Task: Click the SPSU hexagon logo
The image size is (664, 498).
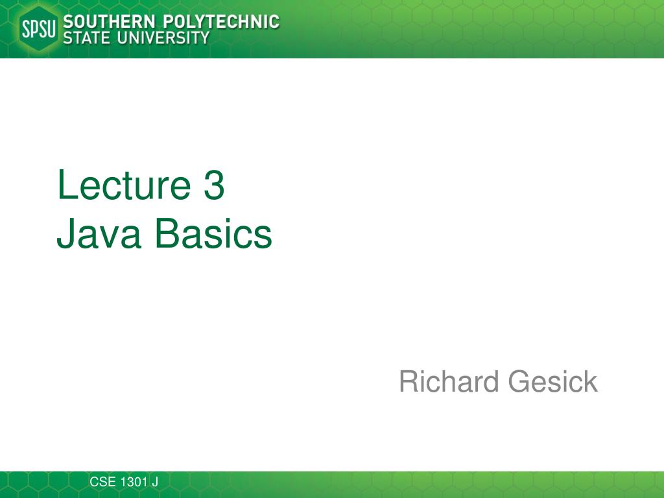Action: (38, 29)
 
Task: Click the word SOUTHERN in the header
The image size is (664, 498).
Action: (109, 21)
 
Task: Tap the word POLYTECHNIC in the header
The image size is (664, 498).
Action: (221, 21)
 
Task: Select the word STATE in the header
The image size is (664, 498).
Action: (87, 38)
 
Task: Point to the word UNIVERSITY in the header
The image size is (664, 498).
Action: (163, 38)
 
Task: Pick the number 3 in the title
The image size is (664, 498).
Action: (214, 185)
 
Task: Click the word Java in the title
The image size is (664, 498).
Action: (99, 233)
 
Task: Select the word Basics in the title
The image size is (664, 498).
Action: (213, 233)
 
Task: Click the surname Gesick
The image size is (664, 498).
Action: (552, 381)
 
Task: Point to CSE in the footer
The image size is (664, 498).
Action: (102, 482)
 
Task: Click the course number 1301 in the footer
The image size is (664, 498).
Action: (134, 482)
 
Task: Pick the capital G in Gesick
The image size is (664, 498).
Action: (519, 381)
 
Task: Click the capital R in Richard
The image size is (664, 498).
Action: (410, 381)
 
